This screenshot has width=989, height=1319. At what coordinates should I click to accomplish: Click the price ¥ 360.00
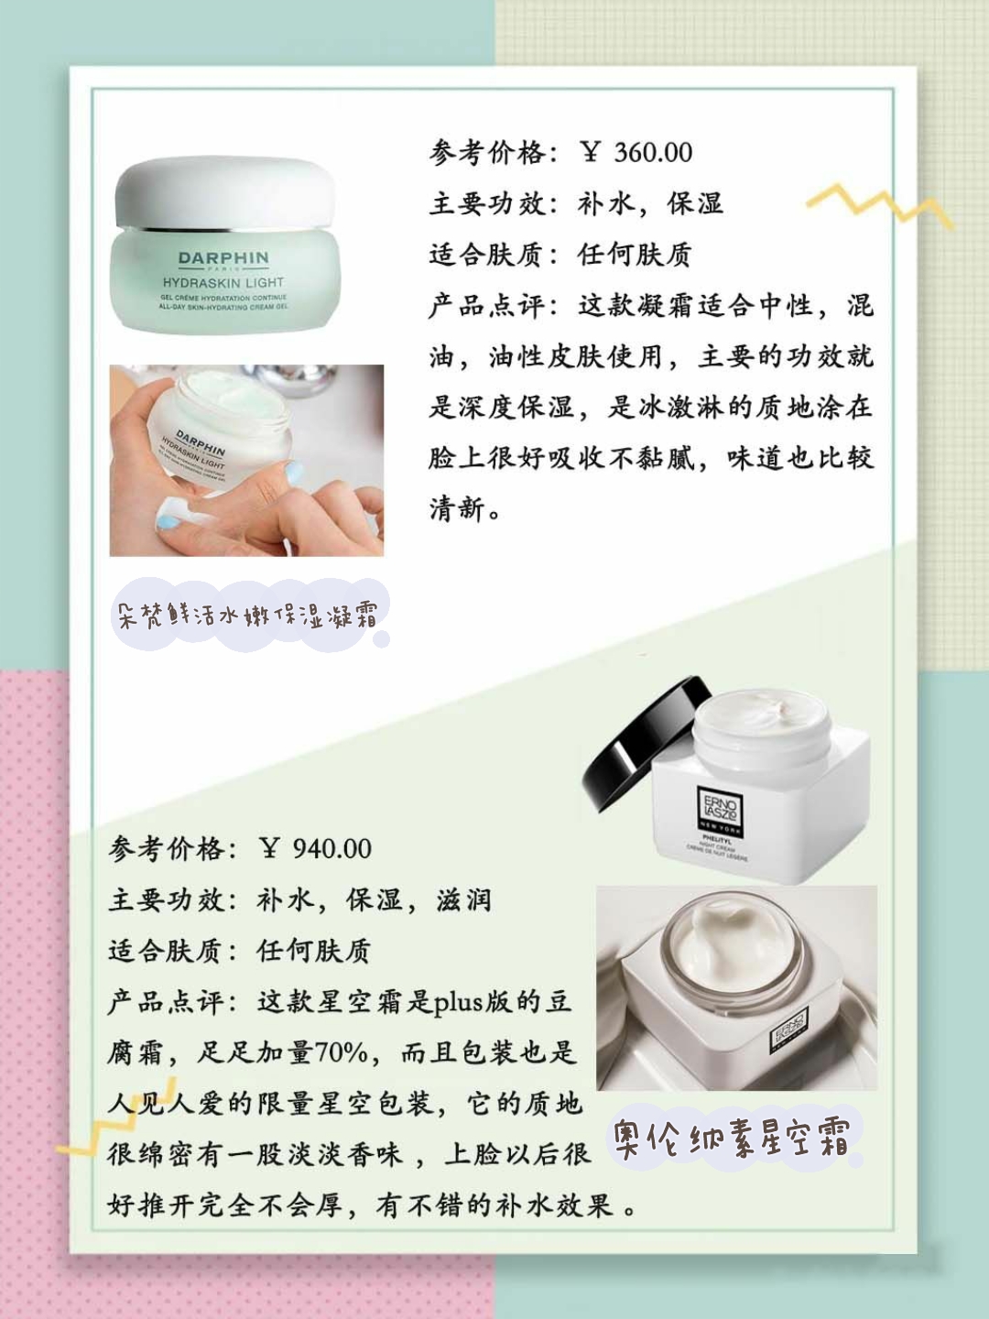(x=637, y=152)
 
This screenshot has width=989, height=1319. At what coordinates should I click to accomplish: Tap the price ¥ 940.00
(x=316, y=848)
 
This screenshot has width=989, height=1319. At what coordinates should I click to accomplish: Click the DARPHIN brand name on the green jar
(x=223, y=259)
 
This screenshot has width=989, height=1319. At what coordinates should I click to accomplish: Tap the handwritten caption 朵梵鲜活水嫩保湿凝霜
(x=247, y=615)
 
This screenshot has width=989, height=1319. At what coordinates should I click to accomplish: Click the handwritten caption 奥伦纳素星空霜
(x=732, y=1139)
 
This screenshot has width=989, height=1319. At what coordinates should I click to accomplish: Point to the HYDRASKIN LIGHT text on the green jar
(x=223, y=283)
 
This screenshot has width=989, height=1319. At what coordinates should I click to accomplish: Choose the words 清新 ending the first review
(x=457, y=508)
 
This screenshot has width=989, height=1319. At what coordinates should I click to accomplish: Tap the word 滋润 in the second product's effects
(x=464, y=899)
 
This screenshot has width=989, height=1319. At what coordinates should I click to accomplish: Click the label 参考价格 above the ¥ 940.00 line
(x=166, y=848)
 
